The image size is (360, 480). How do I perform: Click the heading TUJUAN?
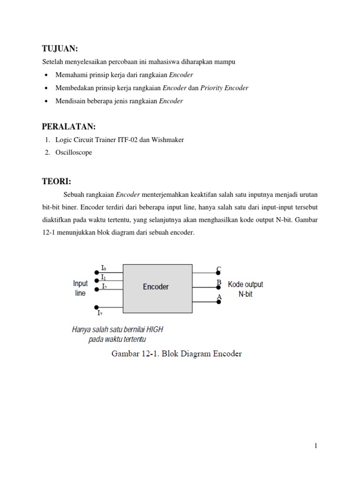coord(60,49)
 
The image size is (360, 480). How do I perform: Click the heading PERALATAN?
coord(68,127)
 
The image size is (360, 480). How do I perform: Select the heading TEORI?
coord(56,181)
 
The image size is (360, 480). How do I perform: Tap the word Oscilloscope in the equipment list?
coord(74,152)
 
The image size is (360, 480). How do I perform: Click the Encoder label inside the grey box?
coord(156,286)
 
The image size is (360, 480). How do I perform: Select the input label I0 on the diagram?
coord(104,268)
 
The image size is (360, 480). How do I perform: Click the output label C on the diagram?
coord(218,269)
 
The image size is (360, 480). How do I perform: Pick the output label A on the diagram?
coord(218,297)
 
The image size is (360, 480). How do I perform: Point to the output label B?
coord(218,283)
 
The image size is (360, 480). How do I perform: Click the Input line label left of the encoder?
coord(80,288)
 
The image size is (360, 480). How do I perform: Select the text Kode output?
coord(245,285)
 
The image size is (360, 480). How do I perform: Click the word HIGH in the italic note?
coord(154,330)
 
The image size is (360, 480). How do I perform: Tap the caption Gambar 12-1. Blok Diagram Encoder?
coord(177,354)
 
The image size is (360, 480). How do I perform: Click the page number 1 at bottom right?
coord(316,446)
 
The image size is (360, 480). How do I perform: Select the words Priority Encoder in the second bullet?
coord(224,88)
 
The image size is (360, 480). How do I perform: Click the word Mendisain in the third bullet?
coord(70,101)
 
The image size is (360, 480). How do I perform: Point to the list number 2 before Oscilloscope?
coord(47,152)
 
